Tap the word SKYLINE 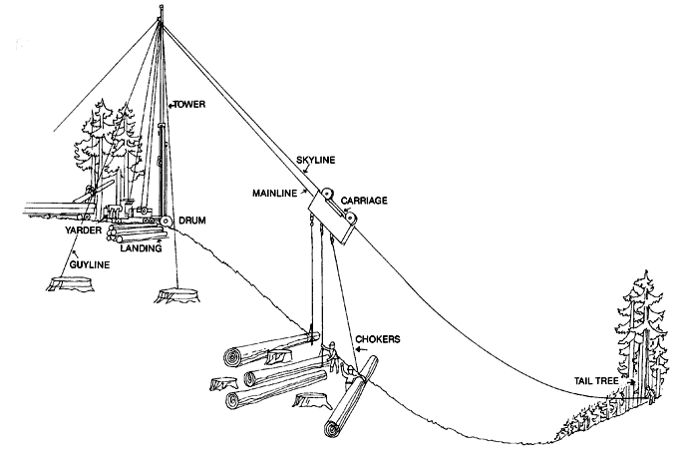(316, 159)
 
